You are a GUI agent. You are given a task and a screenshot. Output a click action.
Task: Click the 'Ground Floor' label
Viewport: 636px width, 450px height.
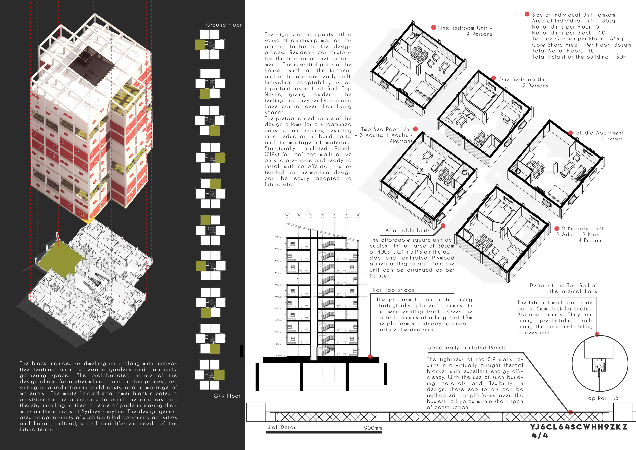pos(224,25)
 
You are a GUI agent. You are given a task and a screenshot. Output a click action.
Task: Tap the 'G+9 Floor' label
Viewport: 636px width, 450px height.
pos(227,396)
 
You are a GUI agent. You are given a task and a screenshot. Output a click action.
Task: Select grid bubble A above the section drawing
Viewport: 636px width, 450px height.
pos(287,215)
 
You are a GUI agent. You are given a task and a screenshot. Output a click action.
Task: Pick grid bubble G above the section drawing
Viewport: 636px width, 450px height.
pos(358,215)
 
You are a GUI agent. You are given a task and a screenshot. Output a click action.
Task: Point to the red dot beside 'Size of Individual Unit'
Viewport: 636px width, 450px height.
pos(527,14)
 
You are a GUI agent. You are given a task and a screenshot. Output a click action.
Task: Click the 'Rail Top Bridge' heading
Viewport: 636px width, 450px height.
pos(394,290)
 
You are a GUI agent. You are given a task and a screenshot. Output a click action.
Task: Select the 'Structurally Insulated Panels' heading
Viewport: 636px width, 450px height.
pos(467,348)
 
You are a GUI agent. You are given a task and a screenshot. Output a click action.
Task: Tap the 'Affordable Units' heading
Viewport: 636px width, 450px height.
pos(408,230)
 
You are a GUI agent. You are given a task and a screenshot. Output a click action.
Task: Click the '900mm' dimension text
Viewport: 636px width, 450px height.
pos(373,428)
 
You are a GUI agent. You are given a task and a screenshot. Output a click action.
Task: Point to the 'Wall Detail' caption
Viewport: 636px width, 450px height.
pos(282,427)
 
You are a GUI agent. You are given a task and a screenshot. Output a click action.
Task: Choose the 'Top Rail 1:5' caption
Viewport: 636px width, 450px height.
pos(602,398)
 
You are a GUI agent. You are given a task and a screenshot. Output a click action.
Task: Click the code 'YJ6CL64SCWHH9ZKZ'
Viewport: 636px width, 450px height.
pos(579,427)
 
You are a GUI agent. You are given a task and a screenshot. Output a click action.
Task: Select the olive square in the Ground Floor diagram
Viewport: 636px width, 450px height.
pos(200,45)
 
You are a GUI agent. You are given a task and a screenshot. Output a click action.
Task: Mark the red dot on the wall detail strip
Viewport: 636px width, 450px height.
pos(570,412)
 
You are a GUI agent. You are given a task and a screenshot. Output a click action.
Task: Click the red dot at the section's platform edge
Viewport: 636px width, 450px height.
pos(370,357)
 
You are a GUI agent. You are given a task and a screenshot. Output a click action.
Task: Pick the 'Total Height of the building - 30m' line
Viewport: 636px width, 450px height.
pos(579,57)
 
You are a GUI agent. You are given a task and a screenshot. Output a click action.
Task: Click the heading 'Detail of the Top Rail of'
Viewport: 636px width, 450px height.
pos(563,285)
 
